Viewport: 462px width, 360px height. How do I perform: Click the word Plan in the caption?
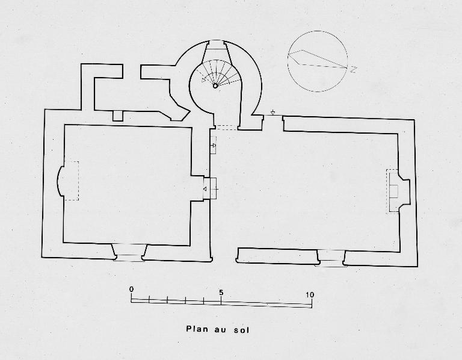pyautogui.click(x=197, y=329)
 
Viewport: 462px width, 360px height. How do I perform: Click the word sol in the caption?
pyautogui.click(x=242, y=329)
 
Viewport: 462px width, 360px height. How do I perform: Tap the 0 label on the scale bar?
pyautogui.click(x=131, y=289)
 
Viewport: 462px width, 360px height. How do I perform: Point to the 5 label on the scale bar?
pyautogui.click(x=221, y=293)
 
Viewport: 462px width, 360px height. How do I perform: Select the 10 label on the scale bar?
pyautogui.click(x=310, y=294)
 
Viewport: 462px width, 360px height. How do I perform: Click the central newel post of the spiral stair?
pyautogui.click(x=215, y=86)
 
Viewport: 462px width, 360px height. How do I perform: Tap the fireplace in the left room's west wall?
pyautogui.click(x=67, y=181)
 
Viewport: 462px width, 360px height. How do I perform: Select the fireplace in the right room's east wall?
pyautogui.click(x=398, y=191)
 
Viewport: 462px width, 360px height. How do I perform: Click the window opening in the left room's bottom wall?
pyautogui.click(x=129, y=252)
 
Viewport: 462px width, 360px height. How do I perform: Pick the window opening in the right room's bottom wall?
pyautogui.click(x=331, y=258)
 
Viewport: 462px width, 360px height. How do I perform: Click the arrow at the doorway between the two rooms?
pyautogui.click(x=205, y=189)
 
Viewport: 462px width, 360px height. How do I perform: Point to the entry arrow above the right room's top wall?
pyautogui.click(x=273, y=112)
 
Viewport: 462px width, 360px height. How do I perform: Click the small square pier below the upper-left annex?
pyautogui.click(x=118, y=116)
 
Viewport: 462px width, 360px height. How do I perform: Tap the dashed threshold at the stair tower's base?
pyautogui.click(x=226, y=128)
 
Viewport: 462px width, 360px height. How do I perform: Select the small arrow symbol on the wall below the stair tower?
pyautogui.click(x=214, y=145)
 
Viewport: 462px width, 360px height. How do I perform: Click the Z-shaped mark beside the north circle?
pyautogui.click(x=354, y=70)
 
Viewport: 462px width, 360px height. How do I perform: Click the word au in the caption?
pyautogui.click(x=219, y=329)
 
